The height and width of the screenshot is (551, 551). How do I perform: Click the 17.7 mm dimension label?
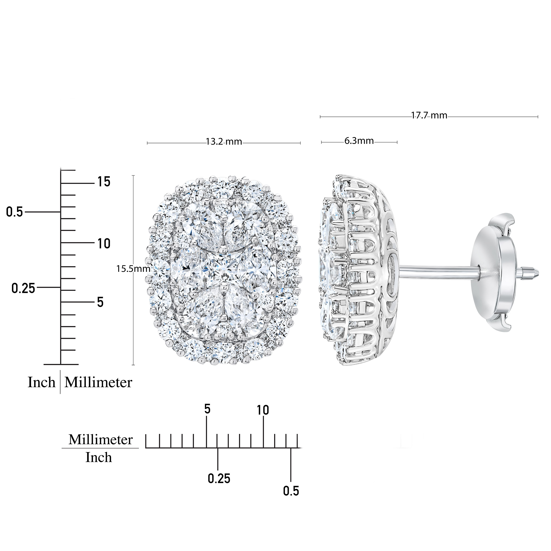(x=429, y=115)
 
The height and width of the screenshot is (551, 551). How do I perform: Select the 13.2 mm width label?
(x=224, y=141)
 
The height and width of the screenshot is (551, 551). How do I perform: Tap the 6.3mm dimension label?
(x=359, y=141)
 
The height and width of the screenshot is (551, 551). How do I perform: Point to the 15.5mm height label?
(x=133, y=269)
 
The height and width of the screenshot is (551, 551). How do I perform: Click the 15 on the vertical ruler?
(x=104, y=182)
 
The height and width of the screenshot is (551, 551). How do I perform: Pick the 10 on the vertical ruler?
(x=104, y=244)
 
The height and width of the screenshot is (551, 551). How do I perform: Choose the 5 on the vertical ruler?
(x=100, y=302)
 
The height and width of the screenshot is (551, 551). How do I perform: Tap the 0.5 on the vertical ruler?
(x=14, y=212)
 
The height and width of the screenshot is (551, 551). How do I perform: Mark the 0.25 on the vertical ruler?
(x=23, y=289)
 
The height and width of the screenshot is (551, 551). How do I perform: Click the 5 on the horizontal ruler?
(x=207, y=409)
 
